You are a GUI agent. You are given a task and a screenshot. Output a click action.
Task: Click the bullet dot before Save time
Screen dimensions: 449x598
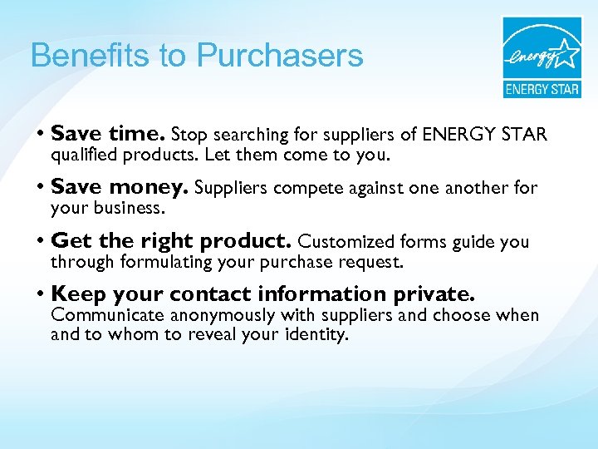[40, 134]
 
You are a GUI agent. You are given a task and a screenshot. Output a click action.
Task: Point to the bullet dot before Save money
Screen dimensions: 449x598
[40, 189]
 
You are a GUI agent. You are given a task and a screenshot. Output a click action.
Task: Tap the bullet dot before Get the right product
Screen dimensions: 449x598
[40, 242]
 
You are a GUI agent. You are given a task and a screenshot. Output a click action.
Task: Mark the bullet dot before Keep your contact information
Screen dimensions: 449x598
[40, 295]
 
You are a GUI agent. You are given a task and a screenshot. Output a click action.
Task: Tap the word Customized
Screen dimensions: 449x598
[346, 242]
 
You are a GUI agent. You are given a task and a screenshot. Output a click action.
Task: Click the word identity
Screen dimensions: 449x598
[318, 335]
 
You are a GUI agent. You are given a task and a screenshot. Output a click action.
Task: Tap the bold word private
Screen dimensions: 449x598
[434, 295]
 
